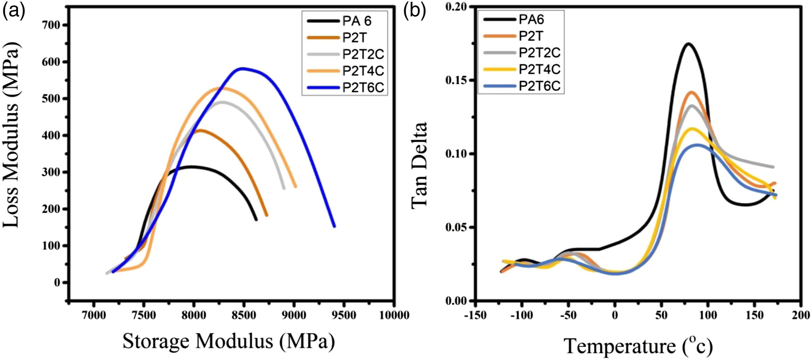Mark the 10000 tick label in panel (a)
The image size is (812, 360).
pos(394,315)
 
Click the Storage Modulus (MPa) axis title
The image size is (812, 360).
pos(229,341)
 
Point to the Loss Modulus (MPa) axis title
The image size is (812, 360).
pos(11,135)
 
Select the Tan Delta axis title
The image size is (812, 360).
pos(419,165)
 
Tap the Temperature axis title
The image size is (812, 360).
pos(638,346)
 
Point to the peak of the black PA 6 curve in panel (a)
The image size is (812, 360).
pos(191,166)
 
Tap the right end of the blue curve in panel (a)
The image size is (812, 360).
pos(334,226)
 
